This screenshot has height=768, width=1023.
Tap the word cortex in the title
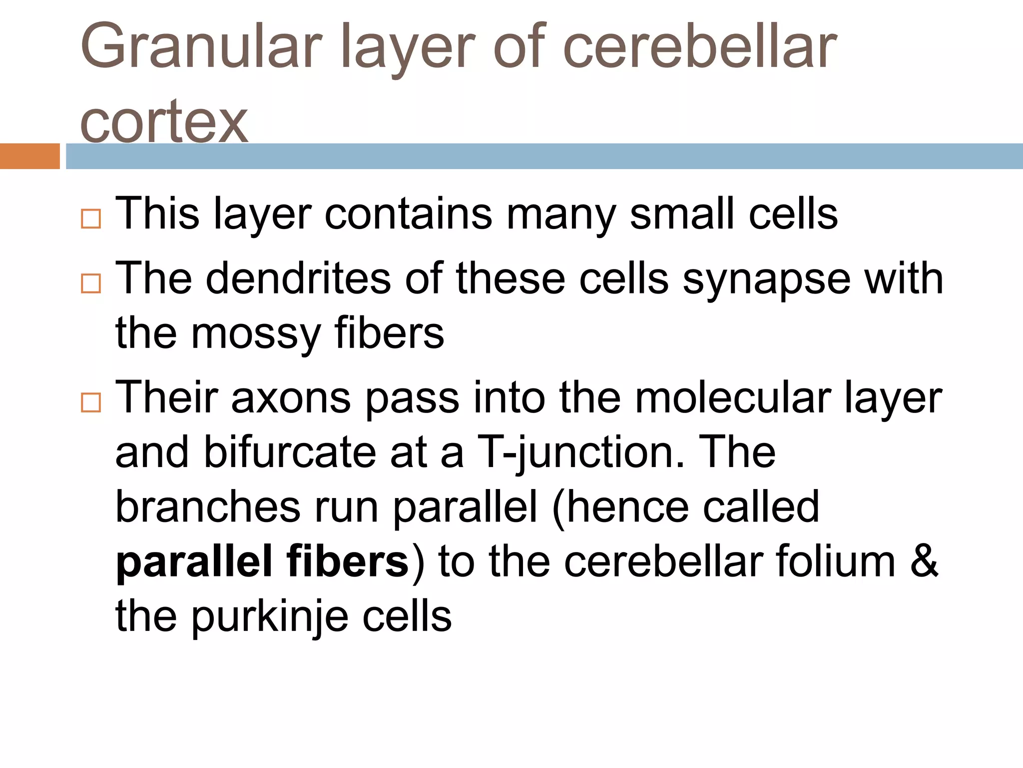[164, 121]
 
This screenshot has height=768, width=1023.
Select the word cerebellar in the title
[699, 47]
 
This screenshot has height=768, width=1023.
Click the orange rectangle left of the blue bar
[29, 156]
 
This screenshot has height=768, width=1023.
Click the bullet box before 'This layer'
[91, 218]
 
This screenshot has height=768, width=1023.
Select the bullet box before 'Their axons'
[91, 402]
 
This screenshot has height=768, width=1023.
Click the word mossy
[256, 334]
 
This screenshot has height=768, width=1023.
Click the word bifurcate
[290, 452]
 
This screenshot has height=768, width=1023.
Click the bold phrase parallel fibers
[262, 561]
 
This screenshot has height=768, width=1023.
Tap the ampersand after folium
[924, 561]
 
